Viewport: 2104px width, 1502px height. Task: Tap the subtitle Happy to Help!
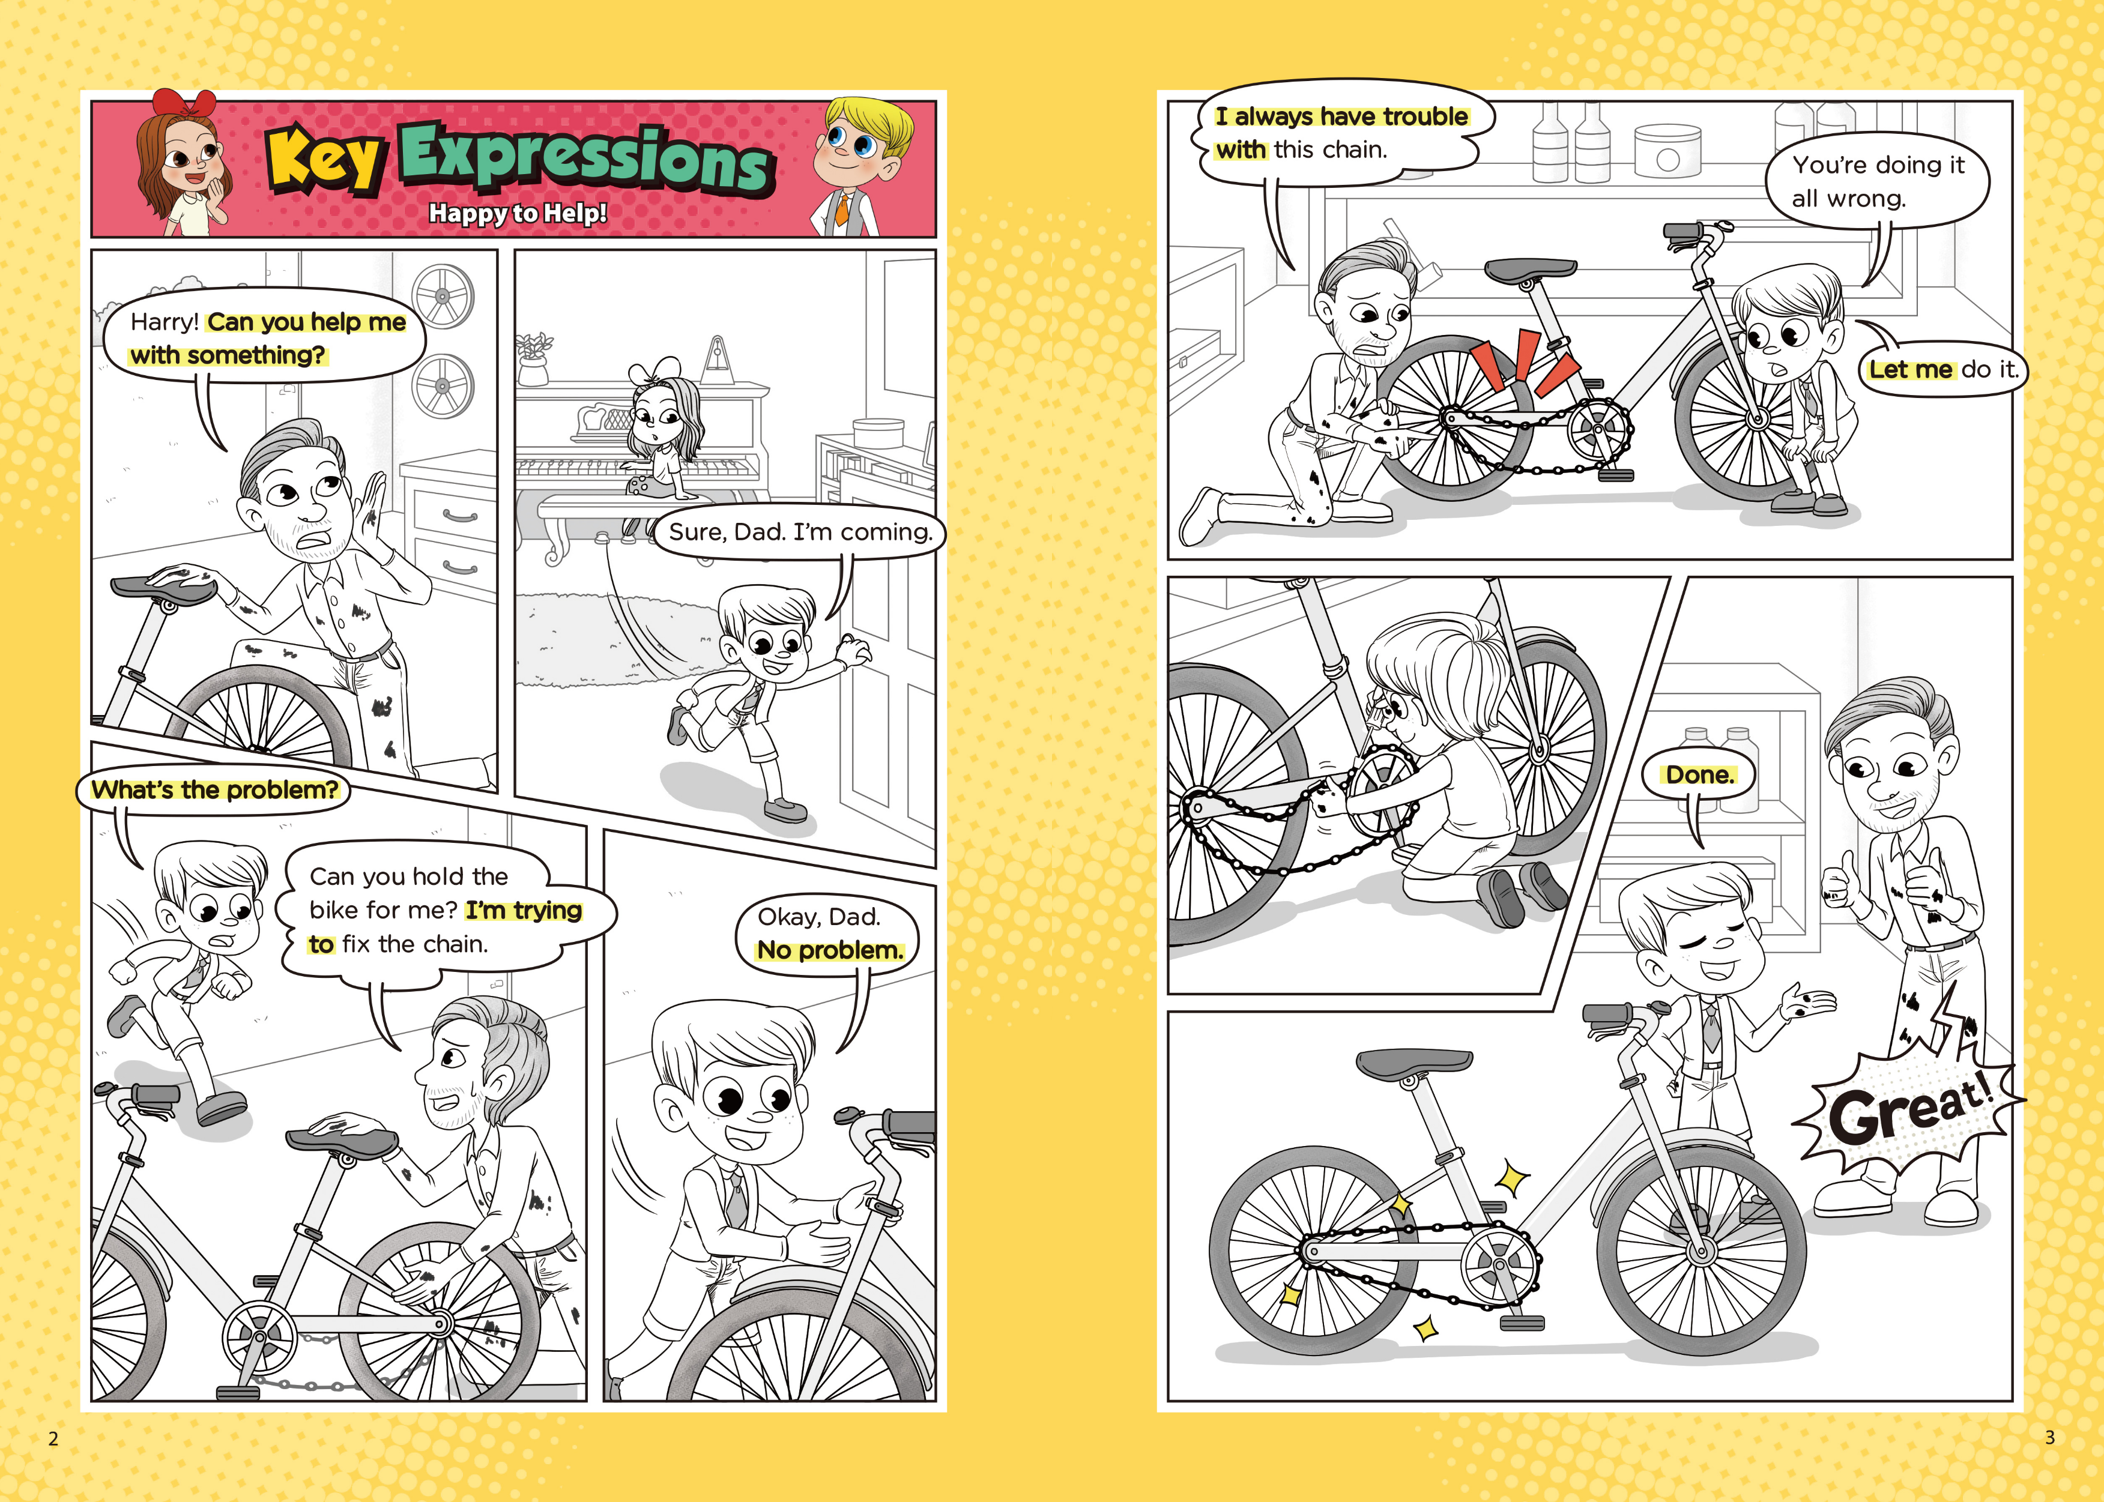click(518, 213)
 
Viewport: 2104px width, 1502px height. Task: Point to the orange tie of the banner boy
click(842, 208)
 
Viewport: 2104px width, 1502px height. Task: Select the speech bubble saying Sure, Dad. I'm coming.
click(799, 532)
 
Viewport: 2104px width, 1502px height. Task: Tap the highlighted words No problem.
click(830, 951)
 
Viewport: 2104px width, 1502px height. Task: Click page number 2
click(53, 1438)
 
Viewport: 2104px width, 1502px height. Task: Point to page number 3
click(2049, 1437)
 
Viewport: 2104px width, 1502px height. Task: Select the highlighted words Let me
click(1910, 370)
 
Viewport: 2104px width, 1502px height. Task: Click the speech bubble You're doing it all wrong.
click(1878, 181)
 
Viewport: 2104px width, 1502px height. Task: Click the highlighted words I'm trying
click(524, 911)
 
